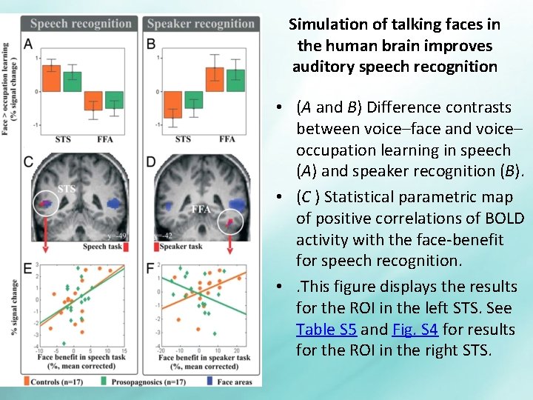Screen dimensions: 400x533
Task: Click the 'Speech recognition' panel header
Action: coord(81,24)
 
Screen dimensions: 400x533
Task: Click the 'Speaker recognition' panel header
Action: coord(200,24)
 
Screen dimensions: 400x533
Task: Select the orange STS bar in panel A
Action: coord(51,79)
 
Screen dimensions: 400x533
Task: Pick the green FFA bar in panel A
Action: coord(114,100)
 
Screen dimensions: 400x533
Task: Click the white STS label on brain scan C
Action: coord(67,188)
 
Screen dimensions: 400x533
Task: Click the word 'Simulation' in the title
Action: coord(324,24)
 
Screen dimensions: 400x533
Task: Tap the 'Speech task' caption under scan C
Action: coord(104,247)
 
